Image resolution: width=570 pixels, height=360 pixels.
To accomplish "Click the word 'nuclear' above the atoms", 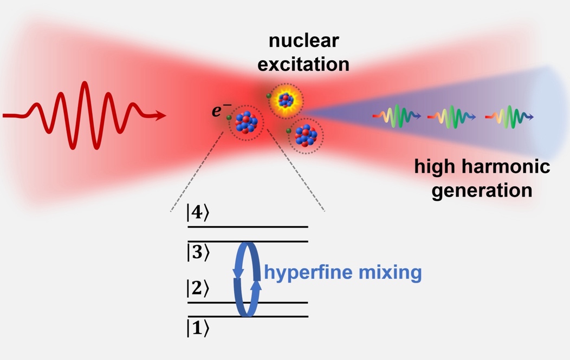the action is click(303, 40).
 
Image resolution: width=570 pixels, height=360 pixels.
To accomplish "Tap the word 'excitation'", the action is click(303, 64).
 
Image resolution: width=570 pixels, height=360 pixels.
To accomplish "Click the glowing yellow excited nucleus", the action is click(286, 100).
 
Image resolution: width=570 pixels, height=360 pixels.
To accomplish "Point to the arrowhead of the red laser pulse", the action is click(159, 116).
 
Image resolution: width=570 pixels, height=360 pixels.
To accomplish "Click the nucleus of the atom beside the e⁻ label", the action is click(246, 122).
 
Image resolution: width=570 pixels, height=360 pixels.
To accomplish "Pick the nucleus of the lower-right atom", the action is click(306, 135).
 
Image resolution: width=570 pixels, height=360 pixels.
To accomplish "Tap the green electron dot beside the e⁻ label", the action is click(229, 117).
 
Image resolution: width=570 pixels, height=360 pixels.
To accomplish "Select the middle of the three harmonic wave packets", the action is click(451, 116).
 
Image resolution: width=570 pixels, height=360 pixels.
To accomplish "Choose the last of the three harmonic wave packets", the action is click(509, 116).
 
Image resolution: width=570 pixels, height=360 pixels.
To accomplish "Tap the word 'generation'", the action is click(482, 191).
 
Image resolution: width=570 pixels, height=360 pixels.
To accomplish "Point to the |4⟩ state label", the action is click(198, 213).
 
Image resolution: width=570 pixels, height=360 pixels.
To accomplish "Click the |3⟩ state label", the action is click(198, 252).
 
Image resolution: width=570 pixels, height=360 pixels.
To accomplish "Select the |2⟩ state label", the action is click(198, 289).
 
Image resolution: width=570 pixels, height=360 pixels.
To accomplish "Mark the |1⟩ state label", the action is click(198, 328).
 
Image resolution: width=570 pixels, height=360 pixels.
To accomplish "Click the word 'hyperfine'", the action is click(308, 272).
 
